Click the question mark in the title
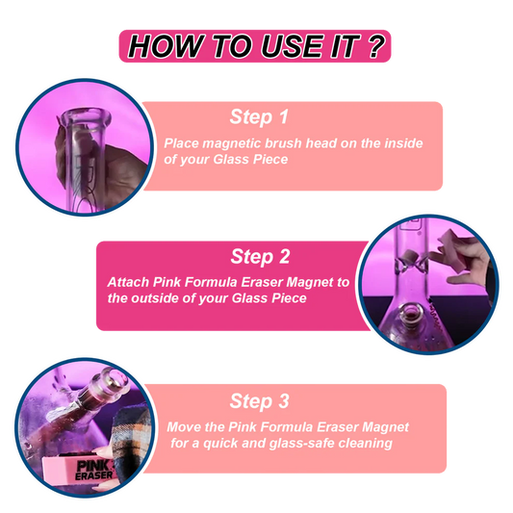pos(375,46)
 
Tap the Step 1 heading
pos(259,116)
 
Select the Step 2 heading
pos(260,256)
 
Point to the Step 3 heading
pos(260,401)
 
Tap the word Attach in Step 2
pos(129,282)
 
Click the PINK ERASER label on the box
pos(94,471)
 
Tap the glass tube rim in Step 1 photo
pos(88,117)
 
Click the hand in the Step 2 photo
pos(465,259)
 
